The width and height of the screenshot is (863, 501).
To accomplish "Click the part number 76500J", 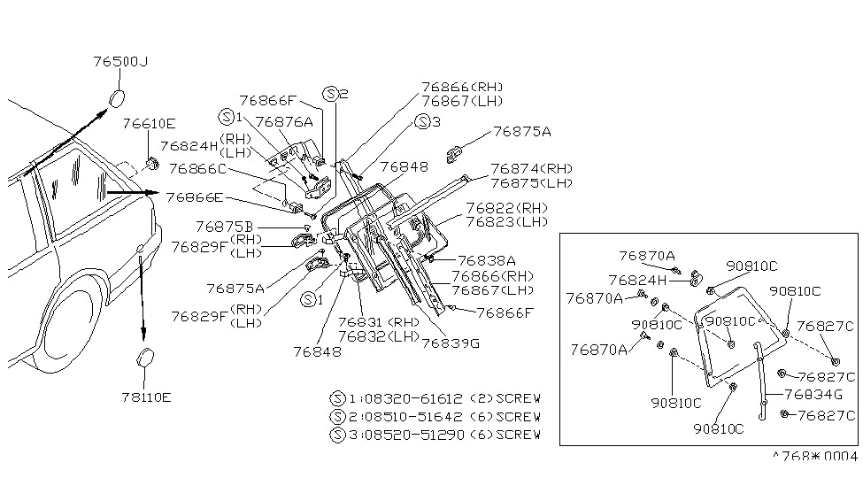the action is (120, 61).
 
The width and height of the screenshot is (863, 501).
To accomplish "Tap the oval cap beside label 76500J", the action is (117, 98).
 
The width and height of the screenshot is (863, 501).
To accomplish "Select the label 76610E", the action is (150, 123).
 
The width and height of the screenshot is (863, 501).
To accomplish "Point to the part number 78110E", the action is (146, 397).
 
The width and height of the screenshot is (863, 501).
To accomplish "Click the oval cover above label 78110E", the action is (145, 358).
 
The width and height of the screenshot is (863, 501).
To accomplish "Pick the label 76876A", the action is (284, 121).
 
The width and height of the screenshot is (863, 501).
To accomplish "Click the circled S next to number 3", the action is (422, 121).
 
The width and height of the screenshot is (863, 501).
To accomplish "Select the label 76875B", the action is (224, 227).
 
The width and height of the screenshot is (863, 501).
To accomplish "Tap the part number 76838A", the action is (487, 260).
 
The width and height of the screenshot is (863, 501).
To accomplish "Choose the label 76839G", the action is (451, 343).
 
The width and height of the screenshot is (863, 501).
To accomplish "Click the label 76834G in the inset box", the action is (813, 394).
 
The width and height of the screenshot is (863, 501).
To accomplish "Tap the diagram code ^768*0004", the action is (814, 456).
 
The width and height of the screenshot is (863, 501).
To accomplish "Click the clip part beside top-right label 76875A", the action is (455, 154).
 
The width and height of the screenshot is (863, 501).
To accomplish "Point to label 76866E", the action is (195, 197).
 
